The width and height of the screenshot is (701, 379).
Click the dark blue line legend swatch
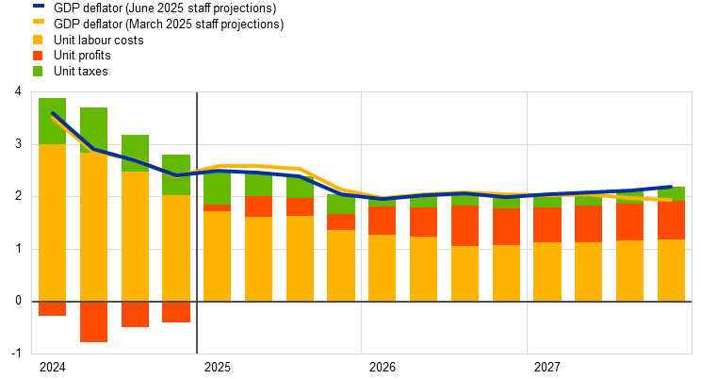pyautogui.click(x=38, y=6)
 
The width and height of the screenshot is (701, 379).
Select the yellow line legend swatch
pyautogui.click(x=38, y=21)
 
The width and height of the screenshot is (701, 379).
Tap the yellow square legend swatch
pyautogui.click(x=38, y=40)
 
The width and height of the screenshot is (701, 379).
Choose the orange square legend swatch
pyautogui.click(x=38, y=56)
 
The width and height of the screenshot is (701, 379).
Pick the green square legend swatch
pyautogui.click(x=38, y=72)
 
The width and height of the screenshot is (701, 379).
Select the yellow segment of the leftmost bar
pyautogui.click(x=52, y=226)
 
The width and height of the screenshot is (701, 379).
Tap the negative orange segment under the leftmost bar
pyautogui.click(x=52, y=308)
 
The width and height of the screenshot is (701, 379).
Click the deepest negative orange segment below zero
pyautogui.click(x=93, y=321)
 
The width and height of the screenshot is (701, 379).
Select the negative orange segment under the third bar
pyautogui.click(x=135, y=314)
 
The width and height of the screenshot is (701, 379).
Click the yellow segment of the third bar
pyautogui.click(x=135, y=236)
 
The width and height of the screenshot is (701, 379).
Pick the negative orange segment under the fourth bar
pyautogui.click(x=176, y=312)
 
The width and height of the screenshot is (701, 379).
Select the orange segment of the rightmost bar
pyautogui.click(x=671, y=221)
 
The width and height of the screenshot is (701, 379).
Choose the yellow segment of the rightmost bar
pyautogui.click(x=671, y=271)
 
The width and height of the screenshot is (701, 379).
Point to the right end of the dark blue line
pyautogui.click(x=671, y=187)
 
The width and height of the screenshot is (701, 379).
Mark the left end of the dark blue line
pyautogui.click(x=53, y=113)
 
